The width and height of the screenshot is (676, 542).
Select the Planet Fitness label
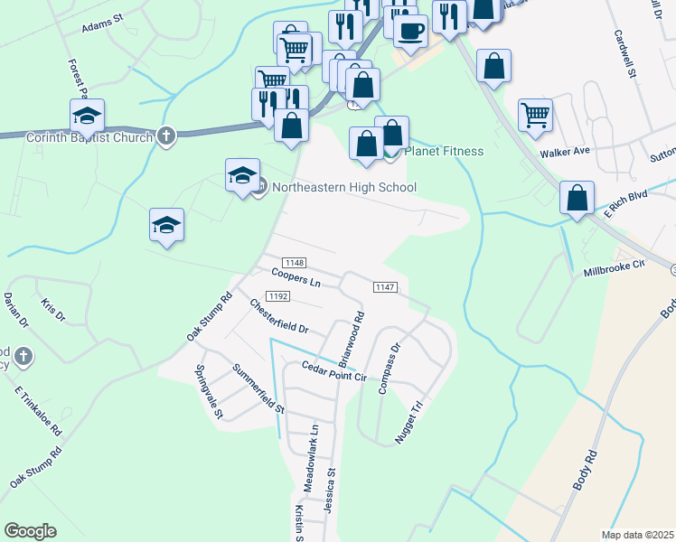coord(444,151)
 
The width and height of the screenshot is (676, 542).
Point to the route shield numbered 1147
coord(383,286)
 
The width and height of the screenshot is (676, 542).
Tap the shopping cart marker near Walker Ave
coord(536,115)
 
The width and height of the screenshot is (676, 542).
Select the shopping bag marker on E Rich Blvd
coord(576,198)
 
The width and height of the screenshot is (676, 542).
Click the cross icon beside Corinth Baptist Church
coord(165,136)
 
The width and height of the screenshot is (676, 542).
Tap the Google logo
coord(30,531)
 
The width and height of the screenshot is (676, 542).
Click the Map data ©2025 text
coord(637,535)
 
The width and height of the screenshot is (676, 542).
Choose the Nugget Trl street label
coord(409,423)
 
